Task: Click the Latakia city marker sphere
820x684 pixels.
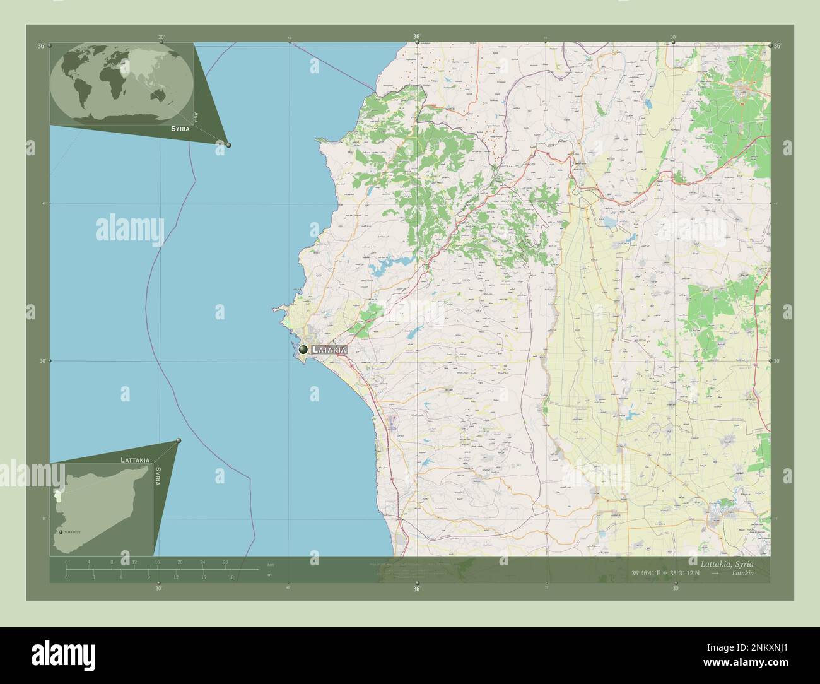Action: pyautogui.click(x=303, y=349)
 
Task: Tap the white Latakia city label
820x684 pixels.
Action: pyautogui.click(x=329, y=350)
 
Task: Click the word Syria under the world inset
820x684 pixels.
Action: pyautogui.click(x=179, y=128)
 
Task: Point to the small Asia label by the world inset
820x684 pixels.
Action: pyautogui.click(x=196, y=117)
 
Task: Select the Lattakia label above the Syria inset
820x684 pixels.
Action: pyautogui.click(x=135, y=460)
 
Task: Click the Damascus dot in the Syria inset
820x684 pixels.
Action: pyautogui.click(x=61, y=532)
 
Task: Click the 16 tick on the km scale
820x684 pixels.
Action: pyautogui.click(x=157, y=562)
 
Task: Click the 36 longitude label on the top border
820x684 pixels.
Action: pyautogui.click(x=416, y=37)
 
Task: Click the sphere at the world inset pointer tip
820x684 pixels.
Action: pyautogui.click(x=228, y=145)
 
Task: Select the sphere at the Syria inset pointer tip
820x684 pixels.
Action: pyautogui.click(x=179, y=440)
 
